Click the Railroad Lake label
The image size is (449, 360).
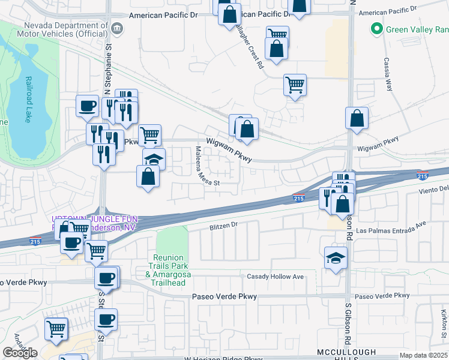pos(28,100)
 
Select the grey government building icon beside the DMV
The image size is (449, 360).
pos(118,28)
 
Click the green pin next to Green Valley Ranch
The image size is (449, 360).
pos(376,28)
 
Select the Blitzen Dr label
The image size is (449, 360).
pos(224,226)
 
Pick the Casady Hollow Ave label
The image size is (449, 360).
pos(276,277)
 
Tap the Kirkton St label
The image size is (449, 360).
pos(443,324)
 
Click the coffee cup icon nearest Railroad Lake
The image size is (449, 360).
pos(88,106)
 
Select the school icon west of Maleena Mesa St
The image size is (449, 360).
pos(154,159)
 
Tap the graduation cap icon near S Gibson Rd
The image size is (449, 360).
pos(336,257)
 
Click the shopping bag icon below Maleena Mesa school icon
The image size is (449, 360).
pos(148,176)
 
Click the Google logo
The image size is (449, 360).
pos(20,353)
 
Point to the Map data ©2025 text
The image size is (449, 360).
pos(423,355)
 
